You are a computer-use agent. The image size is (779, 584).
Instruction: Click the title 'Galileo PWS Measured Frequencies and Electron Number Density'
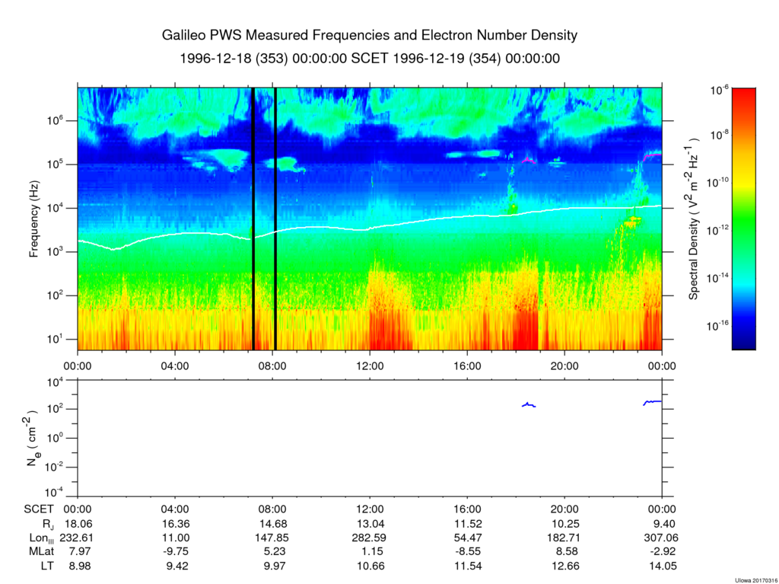[370, 35]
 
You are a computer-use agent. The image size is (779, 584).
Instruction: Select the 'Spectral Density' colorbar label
[695, 219]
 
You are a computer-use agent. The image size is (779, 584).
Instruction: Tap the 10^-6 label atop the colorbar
[720, 90]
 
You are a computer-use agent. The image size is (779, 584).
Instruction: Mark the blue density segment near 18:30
[529, 405]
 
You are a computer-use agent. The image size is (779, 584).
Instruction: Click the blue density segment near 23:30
[652, 401]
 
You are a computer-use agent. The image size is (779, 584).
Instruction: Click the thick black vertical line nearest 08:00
[275, 219]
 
